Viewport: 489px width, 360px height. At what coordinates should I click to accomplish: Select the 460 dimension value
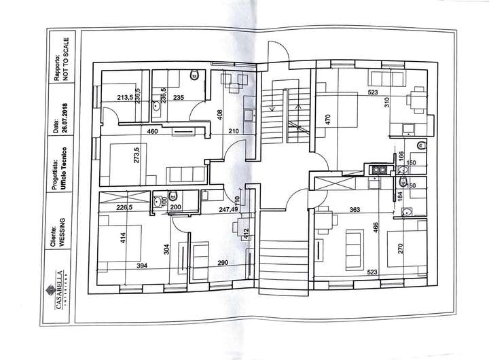(153, 131)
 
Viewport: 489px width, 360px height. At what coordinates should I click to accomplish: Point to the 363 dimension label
(354, 211)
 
